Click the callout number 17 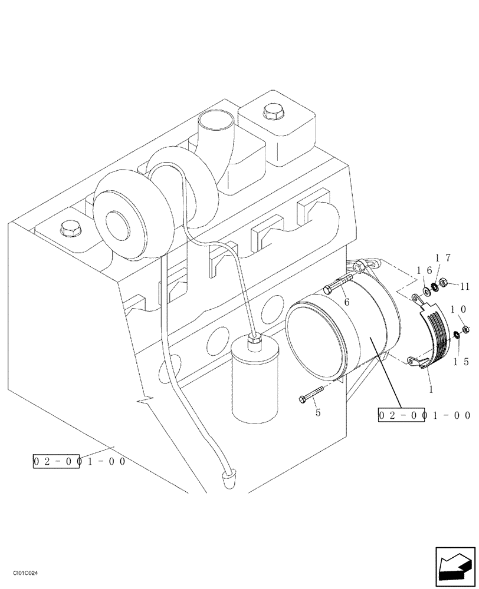[x=443, y=257]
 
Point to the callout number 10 [x=460, y=309]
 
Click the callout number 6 [x=347, y=302]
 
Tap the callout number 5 [x=318, y=413]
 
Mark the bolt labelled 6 [x=337, y=286]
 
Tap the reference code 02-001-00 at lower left [x=79, y=461]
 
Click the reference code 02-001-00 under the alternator [x=424, y=416]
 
